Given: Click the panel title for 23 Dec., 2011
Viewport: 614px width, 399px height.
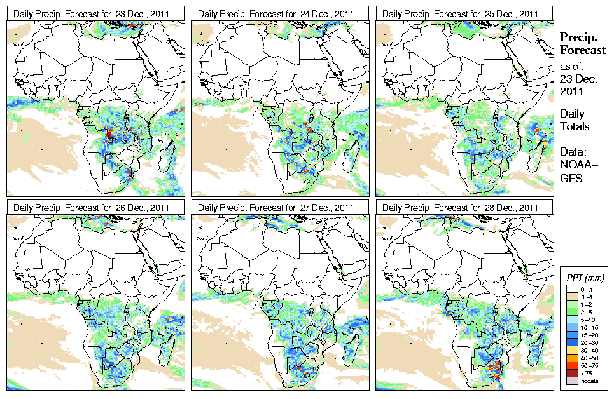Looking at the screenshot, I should coord(92,13).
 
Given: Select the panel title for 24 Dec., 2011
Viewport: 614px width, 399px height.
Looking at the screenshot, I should coord(276,13).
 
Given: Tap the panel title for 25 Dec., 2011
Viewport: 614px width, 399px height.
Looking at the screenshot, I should coord(461,13).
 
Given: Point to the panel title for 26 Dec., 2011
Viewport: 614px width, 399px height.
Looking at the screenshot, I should coord(92,207).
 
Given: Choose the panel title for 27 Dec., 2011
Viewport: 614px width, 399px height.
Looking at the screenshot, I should coord(276,207).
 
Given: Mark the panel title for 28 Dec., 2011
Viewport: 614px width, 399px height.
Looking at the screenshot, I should coord(461,207).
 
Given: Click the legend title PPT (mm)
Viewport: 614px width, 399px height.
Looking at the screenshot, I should coord(585,278).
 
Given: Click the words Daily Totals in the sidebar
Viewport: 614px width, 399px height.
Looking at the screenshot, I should coord(574,120).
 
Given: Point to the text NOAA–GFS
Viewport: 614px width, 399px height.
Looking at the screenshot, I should coord(575,171).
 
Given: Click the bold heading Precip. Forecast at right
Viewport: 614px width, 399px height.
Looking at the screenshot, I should coord(582,44).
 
